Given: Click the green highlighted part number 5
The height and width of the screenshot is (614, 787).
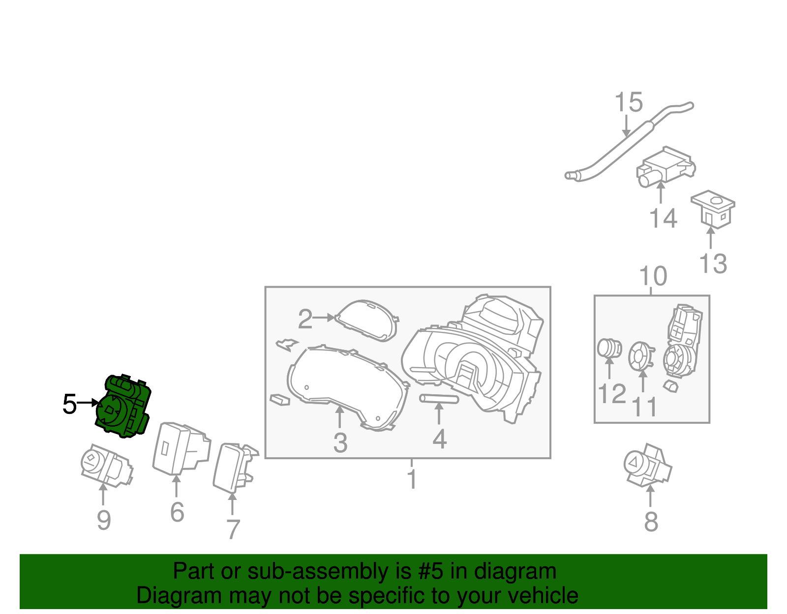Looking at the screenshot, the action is [x=123, y=406].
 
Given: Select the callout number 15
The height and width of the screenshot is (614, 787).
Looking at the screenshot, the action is [x=629, y=102].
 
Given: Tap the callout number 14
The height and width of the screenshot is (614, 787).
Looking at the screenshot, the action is [x=663, y=218].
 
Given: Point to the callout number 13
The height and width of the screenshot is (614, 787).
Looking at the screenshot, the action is [x=713, y=263].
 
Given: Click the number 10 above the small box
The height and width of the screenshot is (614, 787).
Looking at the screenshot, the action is [x=653, y=276].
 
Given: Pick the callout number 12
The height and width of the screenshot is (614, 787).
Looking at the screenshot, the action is [x=612, y=394].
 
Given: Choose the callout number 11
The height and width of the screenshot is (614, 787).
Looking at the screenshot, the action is [x=644, y=407].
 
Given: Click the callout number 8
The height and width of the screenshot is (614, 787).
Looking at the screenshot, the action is [x=651, y=522].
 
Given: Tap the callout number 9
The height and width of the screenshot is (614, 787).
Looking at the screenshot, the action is [x=104, y=520].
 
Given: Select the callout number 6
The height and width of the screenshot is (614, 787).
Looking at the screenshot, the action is [x=177, y=512].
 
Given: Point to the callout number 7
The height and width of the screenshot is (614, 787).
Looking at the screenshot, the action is [x=233, y=529].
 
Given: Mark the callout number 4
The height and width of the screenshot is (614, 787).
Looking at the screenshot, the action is [x=439, y=439].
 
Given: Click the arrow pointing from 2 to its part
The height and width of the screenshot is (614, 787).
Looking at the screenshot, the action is [x=323, y=318].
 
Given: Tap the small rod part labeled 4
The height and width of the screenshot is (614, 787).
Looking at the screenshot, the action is [x=439, y=399].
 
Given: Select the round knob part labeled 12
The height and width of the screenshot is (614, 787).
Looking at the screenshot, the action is [x=609, y=349].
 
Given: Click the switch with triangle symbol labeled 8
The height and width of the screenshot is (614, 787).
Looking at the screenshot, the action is [x=648, y=466].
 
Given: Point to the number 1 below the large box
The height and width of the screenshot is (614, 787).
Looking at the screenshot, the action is [x=412, y=479].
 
